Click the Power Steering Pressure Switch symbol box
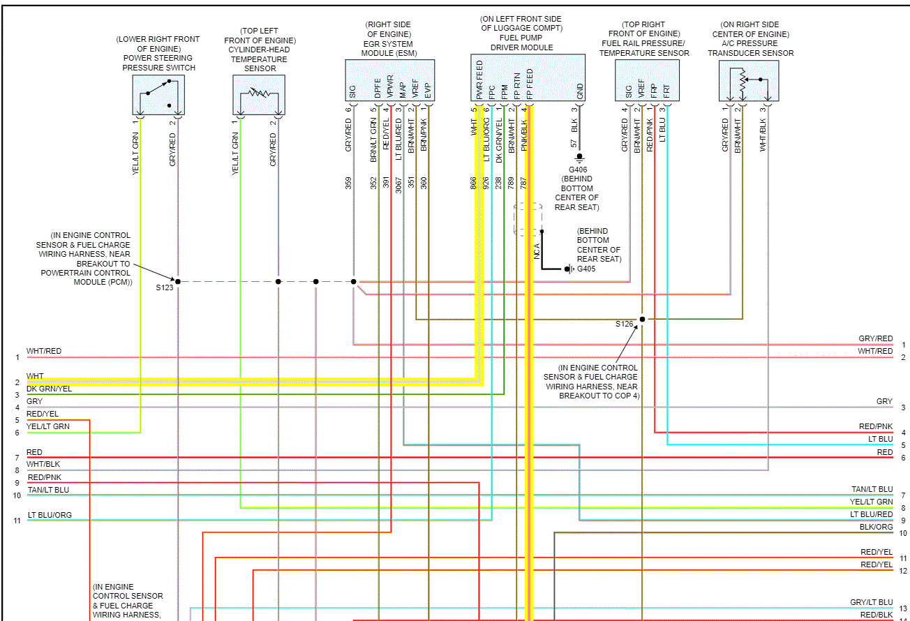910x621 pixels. pyautogui.click(x=158, y=95)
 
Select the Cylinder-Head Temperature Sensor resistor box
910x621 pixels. pyautogui.click(x=259, y=95)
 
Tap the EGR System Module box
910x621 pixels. pyautogui.click(x=389, y=81)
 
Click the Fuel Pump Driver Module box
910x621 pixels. pyautogui.click(x=528, y=78)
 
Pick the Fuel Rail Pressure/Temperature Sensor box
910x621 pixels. pyautogui.click(x=647, y=81)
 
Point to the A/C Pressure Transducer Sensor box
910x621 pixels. pyautogui.click(x=749, y=81)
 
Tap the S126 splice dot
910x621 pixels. pyautogui.click(x=642, y=319)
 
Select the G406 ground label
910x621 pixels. pyautogui.click(x=579, y=170)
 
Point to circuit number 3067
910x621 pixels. pyautogui.click(x=398, y=184)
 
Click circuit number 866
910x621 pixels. pyautogui.click(x=474, y=184)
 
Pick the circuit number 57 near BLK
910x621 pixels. pyautogui.click(x=574, y=144)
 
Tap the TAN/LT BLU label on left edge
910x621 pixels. pyautogui.click(x=48, y=490)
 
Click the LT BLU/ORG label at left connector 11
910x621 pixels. pyautogui.click(x=49, y=515)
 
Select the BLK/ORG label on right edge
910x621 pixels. pyautogui.click(x=876, y=527)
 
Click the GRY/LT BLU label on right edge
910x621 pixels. pyautogui.click(x=871, y=602)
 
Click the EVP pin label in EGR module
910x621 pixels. pyautogui.click(x=427, y=91)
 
